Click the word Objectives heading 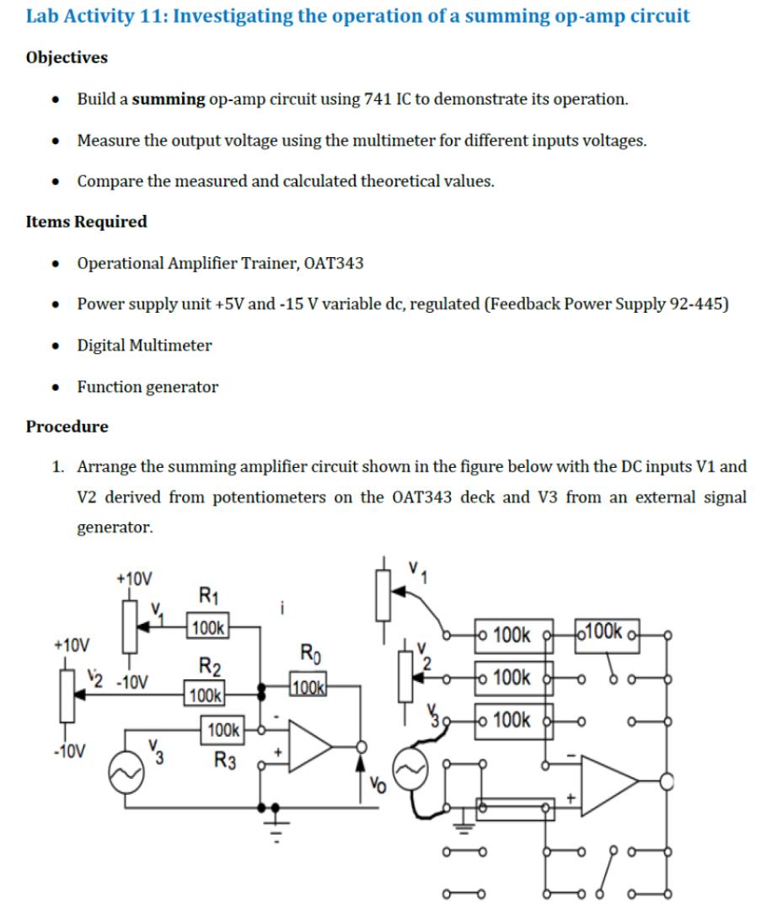[x=67, y=57]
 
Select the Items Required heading [x=86, y=222]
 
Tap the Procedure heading [x=67, y=427]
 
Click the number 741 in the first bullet [x=376, y=99]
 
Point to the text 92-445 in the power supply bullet [x=699, y=304]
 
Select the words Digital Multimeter [x=144, y=346]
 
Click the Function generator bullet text [x=147, y=387]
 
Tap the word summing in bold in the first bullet [x=168, y=99]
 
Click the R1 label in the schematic [x=207, y=596]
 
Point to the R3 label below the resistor [x=223, y=760]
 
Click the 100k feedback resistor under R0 [x=308, y=684]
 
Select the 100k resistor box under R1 [x=207, y=627]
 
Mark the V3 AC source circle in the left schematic [x=126, y=768]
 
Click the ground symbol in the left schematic [x=272, y=818]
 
